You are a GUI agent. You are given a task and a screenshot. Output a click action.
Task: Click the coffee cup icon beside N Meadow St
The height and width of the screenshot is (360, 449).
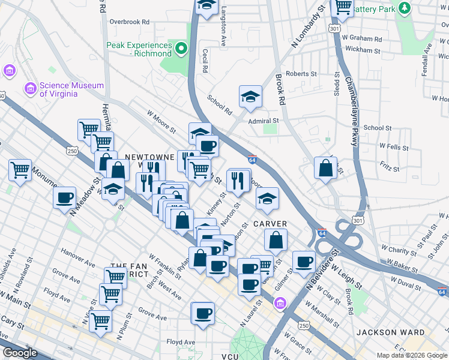pos(65,198)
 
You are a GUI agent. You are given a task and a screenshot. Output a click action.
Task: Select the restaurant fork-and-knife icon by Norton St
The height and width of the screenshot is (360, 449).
pos(238,181)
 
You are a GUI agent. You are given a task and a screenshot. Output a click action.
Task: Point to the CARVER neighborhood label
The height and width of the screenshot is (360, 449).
pos(270,223)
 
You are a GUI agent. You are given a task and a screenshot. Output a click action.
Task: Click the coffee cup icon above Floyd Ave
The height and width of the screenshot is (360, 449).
pos(203,313)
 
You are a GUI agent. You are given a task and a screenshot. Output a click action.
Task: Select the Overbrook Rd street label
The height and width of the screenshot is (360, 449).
pos(129,22)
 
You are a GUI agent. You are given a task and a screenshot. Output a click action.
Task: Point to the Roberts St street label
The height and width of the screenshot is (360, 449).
pos(301,74)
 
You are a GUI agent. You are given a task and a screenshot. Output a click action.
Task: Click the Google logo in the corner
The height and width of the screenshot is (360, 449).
pos(20,353)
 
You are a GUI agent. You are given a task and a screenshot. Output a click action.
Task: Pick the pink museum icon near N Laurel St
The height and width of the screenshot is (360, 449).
pos(280,305)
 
